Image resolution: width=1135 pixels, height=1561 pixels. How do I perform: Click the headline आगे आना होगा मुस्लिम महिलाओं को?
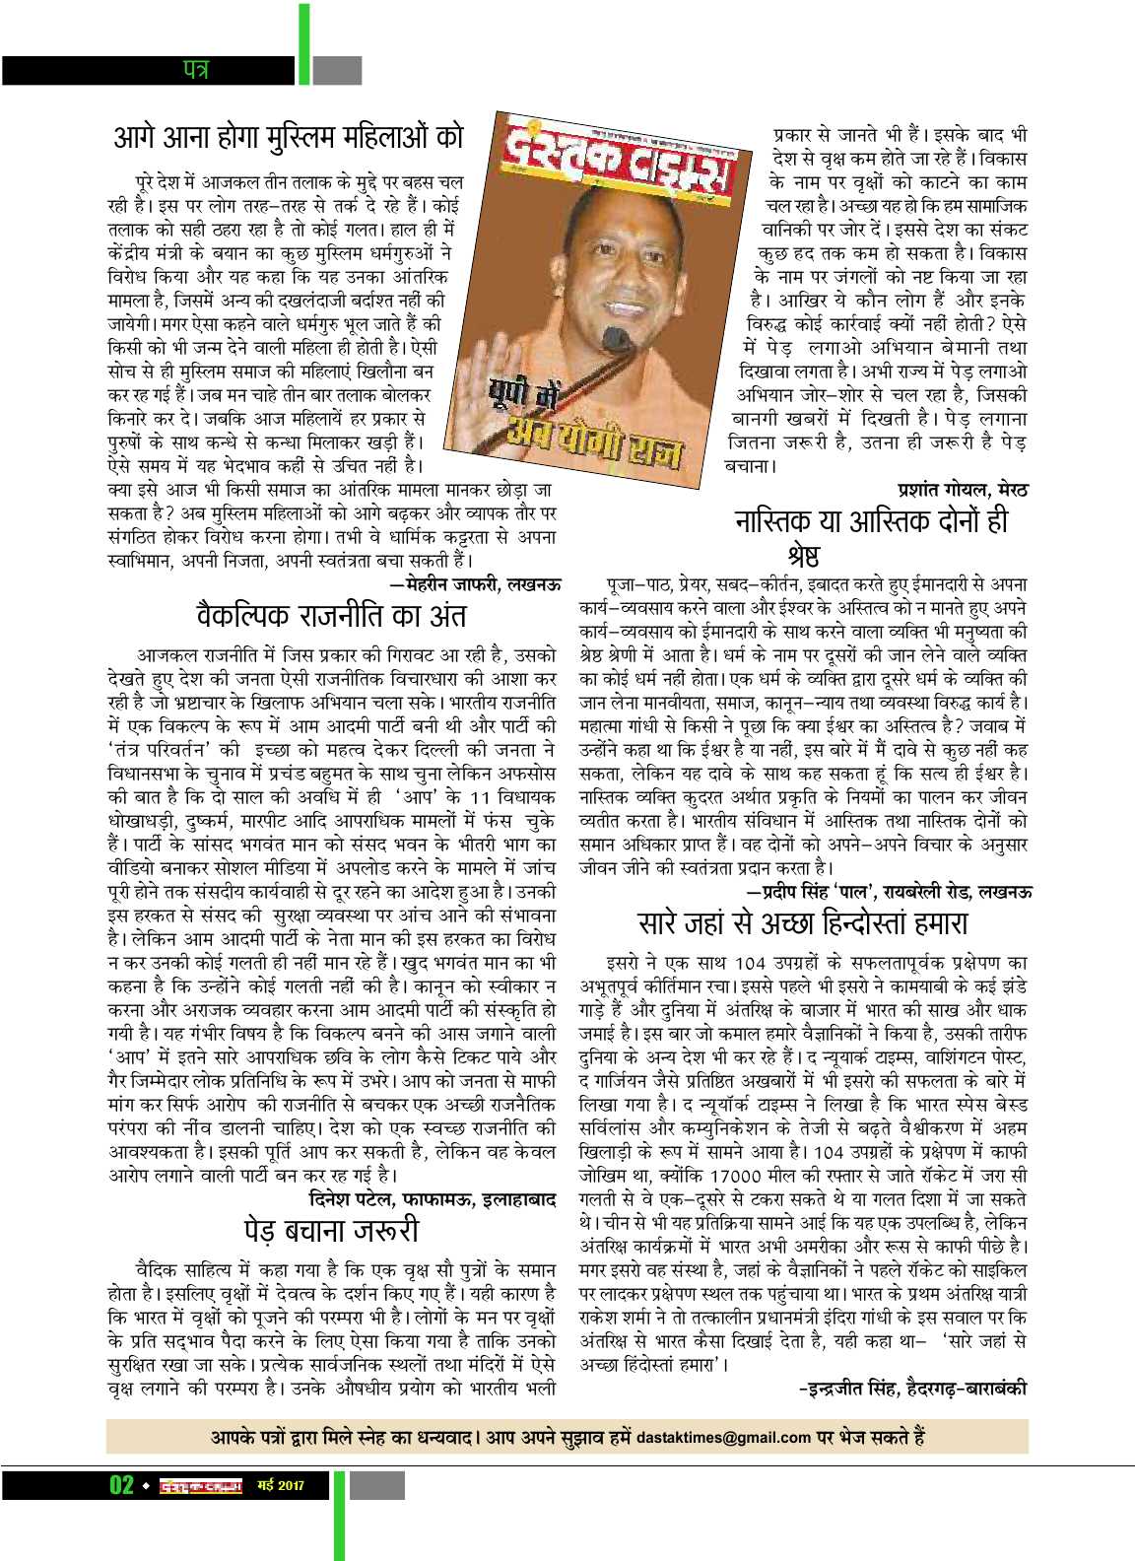(x=286, y=137)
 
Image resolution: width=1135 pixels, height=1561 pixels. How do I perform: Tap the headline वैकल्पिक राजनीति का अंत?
(x=331, y=617)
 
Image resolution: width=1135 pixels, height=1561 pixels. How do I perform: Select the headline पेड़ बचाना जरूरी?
(x=331, y=1230)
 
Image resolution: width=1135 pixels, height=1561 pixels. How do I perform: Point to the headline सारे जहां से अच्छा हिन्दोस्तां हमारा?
(x=803, y=923)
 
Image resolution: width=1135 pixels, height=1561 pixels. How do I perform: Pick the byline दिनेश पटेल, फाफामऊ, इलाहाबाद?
(x=433, y=1200)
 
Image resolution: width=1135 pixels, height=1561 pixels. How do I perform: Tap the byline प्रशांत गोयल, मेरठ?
(x=962, y=488)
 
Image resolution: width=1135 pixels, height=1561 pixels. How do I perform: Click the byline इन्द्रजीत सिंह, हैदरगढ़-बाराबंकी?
(x=912, y=1389)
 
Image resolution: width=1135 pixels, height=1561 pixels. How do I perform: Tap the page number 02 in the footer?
(x=121, y=1485)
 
